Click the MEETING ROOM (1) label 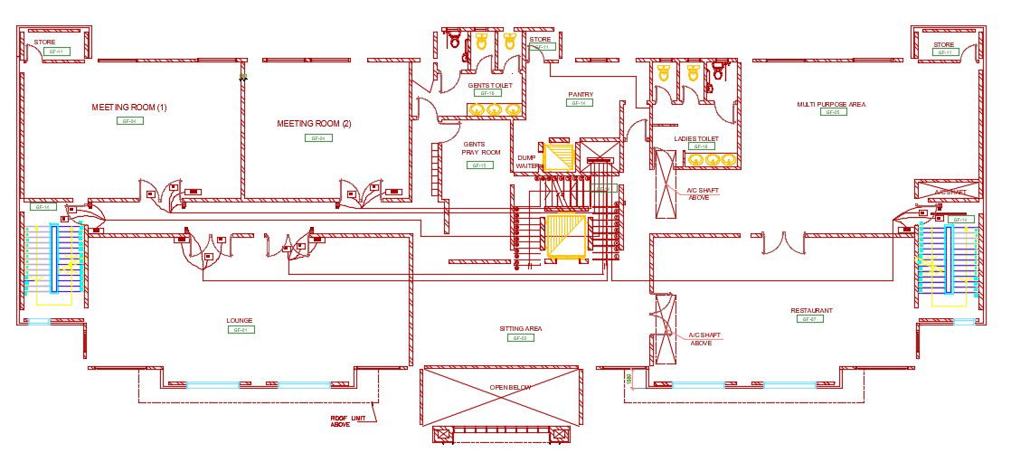click(x=129, y=108)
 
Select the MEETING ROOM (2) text click(x=314, y=124)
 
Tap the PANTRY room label click(x=580, y=94)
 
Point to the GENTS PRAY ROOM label click(x=481, y=148)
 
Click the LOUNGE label click(x=240, y=320)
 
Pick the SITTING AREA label click(x=520, y=328)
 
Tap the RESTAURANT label click(x=810, y=310)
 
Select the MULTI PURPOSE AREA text click(x=830, y=104)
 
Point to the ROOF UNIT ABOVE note click(x=340, y=420)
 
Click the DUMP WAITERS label click(x=527, y=162)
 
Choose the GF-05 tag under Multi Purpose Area click(x=833, y=113)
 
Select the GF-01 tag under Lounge click(x=240, y=330)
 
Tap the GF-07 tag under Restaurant click(x=808, y=319)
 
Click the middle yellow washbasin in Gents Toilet click(x=494, y=109)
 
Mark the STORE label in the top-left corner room click(x=45, y=42)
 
